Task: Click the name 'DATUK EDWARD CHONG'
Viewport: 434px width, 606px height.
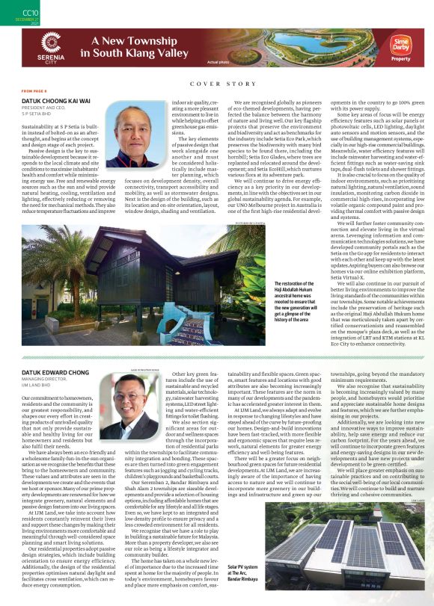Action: pos(55,372)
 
